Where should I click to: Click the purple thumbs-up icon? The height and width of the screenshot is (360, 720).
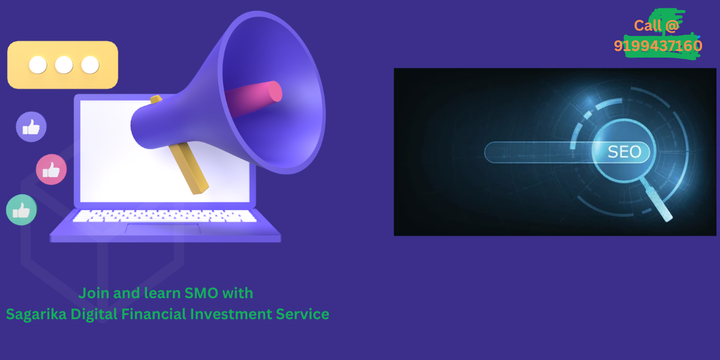coord(31,127)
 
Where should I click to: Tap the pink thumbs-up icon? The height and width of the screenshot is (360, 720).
coord(52,169)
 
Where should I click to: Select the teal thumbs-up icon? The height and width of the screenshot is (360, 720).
coord(22,210)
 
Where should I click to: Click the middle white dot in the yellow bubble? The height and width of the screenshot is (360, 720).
coord(64,65)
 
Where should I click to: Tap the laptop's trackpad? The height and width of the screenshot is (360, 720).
coord(163,229)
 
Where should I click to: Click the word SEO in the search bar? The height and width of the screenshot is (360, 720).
coord(624,152)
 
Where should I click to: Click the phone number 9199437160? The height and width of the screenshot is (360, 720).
coord(658,46)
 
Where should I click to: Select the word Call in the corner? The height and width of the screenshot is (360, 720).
coord(647,25)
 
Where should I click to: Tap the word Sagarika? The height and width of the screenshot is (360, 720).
coord(37,314)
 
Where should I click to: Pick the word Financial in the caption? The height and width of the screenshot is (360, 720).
coord(154,314)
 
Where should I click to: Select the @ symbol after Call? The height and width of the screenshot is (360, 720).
coord(672,26)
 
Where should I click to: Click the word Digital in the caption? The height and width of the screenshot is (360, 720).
coord(94,314)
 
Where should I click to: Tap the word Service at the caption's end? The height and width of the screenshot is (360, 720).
coord(302,314)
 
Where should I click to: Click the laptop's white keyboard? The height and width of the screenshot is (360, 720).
coord(164,216)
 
